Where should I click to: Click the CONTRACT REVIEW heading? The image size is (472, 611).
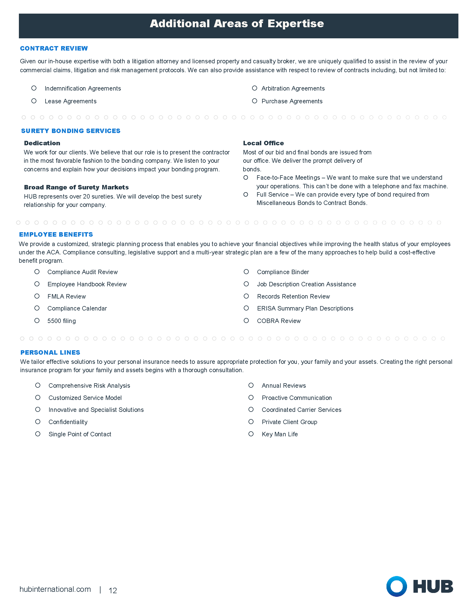[x=54, y=48]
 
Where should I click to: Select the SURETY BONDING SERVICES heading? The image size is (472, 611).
[x=71, y=131]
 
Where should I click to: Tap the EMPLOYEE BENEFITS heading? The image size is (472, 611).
[x=56, y=234]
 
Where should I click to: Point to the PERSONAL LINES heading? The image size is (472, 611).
[x=50, y=352]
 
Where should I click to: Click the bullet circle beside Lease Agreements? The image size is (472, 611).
[x=34, y=101]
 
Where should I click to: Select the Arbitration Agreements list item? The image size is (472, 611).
[x=293, y=88]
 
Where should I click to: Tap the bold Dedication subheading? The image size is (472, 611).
[x=42, y=143]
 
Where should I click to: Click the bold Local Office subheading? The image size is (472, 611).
[x=263, y=143]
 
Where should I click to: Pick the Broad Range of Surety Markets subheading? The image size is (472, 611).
[x=76, y=187]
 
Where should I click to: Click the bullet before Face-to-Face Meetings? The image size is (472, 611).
[x=246, y=178]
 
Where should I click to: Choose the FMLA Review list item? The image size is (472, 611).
[x=67, y=296]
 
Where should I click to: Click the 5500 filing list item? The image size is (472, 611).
[x=62, y=321]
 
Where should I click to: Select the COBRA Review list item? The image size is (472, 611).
[x=279, y=321]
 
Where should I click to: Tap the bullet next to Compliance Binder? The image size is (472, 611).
[x=246, y=272]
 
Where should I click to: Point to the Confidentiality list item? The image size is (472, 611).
[x=68, y=422]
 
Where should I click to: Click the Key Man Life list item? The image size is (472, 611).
[x=280, y=434]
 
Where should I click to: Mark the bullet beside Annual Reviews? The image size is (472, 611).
[x=251, y=385]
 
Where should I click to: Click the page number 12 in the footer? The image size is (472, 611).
[x=113, y=590]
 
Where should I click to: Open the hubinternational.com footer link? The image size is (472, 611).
[x=55, y=589]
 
